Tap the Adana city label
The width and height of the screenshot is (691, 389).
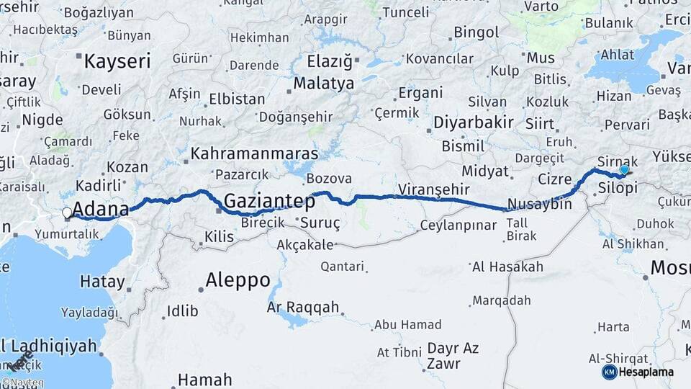[x=101, y=210]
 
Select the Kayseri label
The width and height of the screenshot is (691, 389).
[x=117, y=61]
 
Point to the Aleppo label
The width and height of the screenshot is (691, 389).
[x=238, y=280]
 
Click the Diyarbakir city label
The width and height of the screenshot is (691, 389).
[x=473, y=122]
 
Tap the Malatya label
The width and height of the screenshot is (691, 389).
[x=324, y=84]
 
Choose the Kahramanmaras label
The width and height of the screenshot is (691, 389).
[x=255, y=154]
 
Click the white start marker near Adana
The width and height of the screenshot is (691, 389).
[x=67, y=213]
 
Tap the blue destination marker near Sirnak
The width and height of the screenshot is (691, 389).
[x=624, y=170]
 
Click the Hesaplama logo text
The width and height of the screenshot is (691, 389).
[x=646, y=372]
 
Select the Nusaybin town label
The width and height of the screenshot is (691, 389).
[x=539, y=204]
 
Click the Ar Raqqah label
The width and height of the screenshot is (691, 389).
[x=302, y=308]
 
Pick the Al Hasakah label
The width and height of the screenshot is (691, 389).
[x=507, y=267]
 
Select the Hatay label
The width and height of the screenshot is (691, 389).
[x=102, y=282]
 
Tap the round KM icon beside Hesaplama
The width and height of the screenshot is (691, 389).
[x=609, y=372]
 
